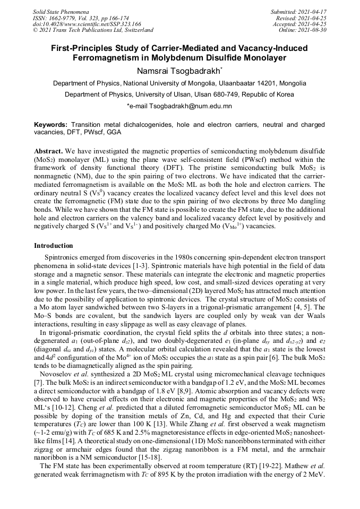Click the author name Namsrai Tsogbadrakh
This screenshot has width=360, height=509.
tap(179, 71)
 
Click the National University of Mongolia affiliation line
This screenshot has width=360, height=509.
tap(179, 83)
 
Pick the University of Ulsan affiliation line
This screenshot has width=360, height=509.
tap(179, 94)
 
